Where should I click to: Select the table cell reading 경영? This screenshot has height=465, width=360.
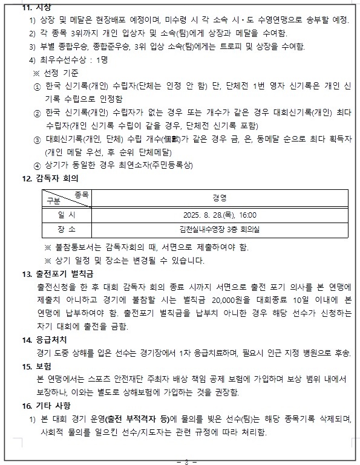pos(219,198)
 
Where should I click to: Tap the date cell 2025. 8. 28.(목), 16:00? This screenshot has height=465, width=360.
pos(219,215)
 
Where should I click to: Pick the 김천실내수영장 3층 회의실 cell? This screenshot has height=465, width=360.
pos(219,230)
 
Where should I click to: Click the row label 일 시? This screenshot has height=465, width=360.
pos(67,215)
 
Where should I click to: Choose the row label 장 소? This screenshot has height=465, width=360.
pos(67,230)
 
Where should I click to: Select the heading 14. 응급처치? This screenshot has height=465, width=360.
pos(45,339)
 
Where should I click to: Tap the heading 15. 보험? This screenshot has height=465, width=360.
pos(37,366)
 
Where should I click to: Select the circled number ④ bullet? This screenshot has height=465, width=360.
pos(38,165)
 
